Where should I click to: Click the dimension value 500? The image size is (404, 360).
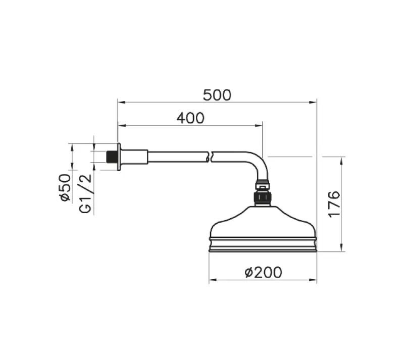pos(217,94)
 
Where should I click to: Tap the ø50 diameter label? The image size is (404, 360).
pos(65,187)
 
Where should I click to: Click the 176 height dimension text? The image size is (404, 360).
pos(334,204)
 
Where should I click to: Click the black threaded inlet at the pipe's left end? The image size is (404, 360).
pos(112,157)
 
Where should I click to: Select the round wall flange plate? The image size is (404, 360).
pos(119,157)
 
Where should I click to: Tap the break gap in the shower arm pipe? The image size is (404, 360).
pos(211,157)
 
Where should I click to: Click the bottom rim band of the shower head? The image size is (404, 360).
pos(263,247)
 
